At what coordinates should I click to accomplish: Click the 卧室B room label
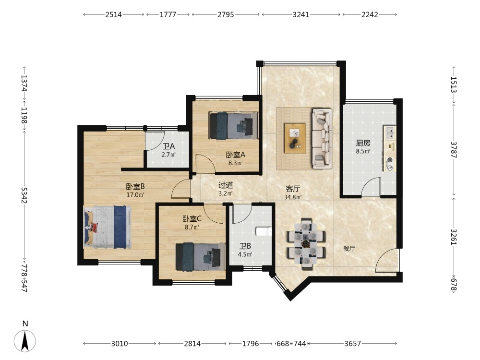point(135,186)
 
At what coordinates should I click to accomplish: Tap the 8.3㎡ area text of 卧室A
point(235,163)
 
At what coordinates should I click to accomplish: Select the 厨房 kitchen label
point(363,143)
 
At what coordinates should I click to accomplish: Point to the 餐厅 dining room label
point(349,248)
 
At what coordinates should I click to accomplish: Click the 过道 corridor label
point(226,185)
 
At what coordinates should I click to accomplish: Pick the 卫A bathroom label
point(168,146)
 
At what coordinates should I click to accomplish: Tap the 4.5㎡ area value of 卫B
point(245,254)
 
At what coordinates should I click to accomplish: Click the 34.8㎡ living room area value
point(293,197)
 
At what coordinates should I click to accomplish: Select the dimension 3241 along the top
point(301,14)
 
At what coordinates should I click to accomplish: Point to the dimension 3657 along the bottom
point(353,344)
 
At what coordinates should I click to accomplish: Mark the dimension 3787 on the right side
point(454,150)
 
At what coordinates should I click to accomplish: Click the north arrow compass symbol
point(25,340)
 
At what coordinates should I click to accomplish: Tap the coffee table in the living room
point(295,138)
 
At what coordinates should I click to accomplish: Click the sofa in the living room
point(322,138)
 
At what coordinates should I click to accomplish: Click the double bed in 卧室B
point(107,227)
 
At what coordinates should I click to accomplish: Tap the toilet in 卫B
point(264,231)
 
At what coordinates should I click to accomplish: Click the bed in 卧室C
point(201,257)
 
